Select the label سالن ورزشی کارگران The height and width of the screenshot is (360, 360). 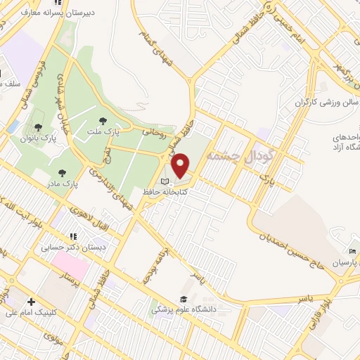pos(316,103)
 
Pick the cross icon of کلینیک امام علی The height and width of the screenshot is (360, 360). pos(31,302)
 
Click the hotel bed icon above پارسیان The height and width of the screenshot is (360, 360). pos(352,252)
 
